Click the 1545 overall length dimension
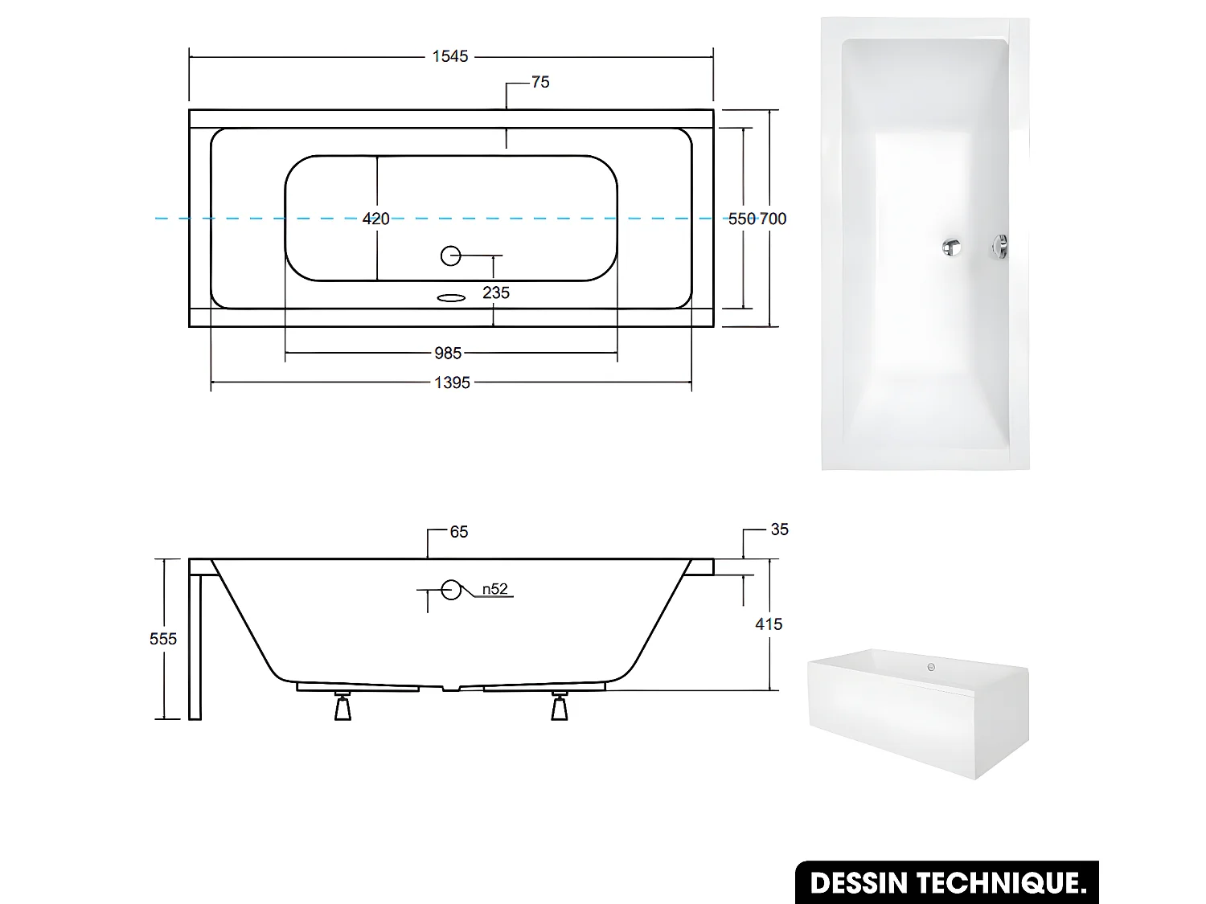[450, 56]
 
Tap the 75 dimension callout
[540, 82]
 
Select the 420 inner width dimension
[375, 219]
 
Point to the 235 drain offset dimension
[496, 293]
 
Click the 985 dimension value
[448, 354]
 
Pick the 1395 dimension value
[452, 383]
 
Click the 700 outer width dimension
[773, 219]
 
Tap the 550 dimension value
[741, 219]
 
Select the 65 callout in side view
[459, 532]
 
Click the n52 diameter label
[495, 590]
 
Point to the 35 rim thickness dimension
[779, 530]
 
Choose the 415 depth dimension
[769, 624]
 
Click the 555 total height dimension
[163, 639]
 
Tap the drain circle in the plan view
[451, 256]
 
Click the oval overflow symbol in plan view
[451, 298]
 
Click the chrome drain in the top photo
[952, 247]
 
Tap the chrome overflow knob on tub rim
[1000, 247]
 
